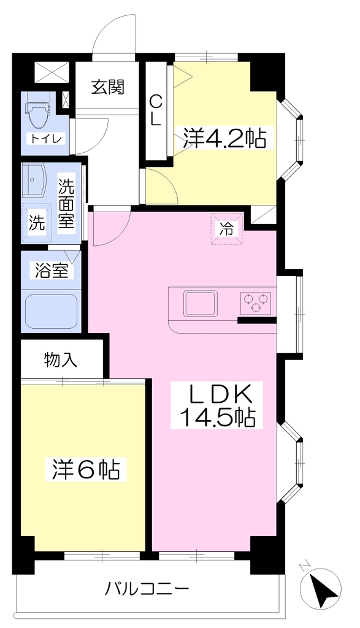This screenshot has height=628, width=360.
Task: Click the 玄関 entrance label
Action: click(x=108, y=86)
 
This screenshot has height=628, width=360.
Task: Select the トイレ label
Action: click(x=45, y=139)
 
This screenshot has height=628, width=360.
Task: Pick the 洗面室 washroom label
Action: click(x=67, y=204)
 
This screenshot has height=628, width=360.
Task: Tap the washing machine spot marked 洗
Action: click(x=37, y=223)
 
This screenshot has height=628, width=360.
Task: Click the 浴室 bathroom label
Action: click(x=52, y=271)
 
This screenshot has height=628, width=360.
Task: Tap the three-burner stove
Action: click(x=256, y=303)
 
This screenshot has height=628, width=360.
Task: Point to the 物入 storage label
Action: click(x=60, y=360)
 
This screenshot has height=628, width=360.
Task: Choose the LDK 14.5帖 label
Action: click(x=217, y=405)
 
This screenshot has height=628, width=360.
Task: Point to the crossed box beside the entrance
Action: click(x=52, y=72)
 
